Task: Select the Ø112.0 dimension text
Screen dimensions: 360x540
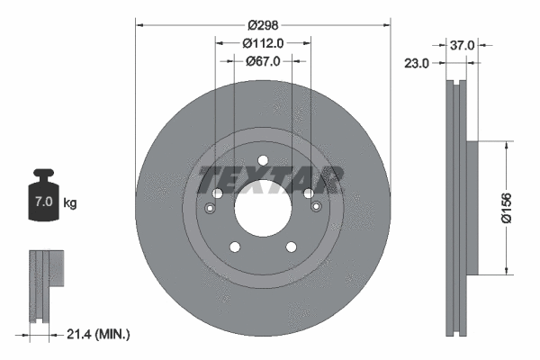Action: click(x=263, y=42)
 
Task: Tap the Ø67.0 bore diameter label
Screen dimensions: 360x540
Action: click(x=263, y=61)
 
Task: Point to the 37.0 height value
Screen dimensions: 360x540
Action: click(x=462, y=43)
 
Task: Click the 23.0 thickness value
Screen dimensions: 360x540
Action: click(x=416, y=63)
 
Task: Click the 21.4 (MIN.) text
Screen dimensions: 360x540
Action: click(x=98, y=335)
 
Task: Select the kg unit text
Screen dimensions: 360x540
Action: click(x=69, y=203)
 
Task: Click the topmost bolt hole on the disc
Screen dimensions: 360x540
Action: click(x=263, y=162)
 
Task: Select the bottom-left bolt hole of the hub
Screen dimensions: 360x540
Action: click(x=234, y=247)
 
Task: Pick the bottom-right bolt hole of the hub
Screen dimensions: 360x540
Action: click(x=292, y=247)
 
